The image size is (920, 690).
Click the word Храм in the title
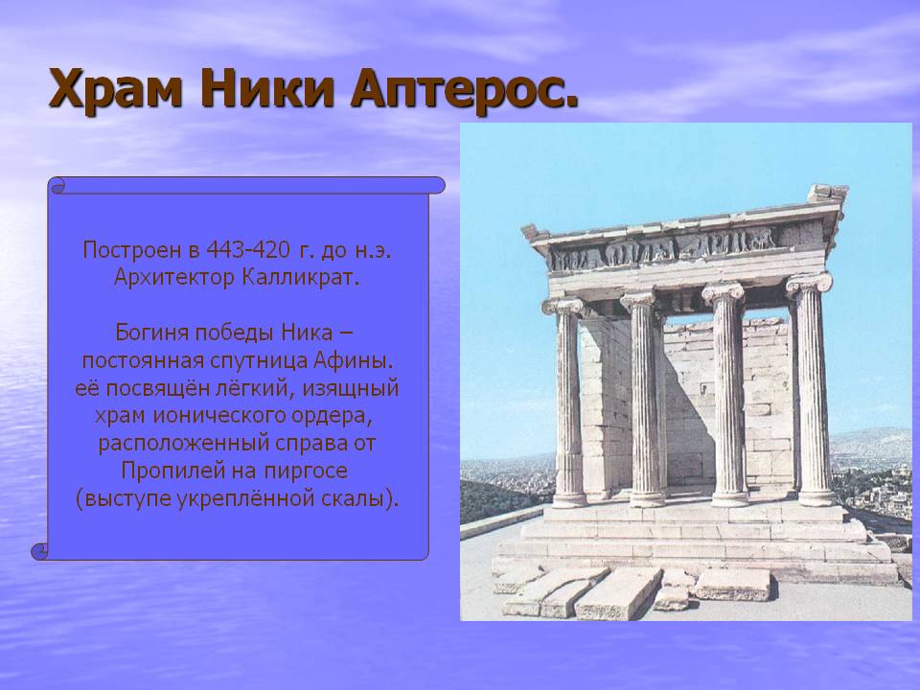[x=116, y=90]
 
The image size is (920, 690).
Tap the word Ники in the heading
[x=267, y=88]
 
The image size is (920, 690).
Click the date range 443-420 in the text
[x=247, y=250]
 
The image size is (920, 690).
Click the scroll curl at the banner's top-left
[x=57, y=187]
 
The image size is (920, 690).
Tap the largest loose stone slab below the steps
[x=618, y=593]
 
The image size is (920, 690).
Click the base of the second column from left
[x=647, y=498]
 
